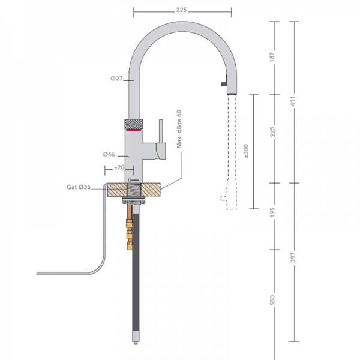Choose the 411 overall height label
coord(294,102)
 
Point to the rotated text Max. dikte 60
coord(178,131)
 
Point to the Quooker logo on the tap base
coord(133,179)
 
